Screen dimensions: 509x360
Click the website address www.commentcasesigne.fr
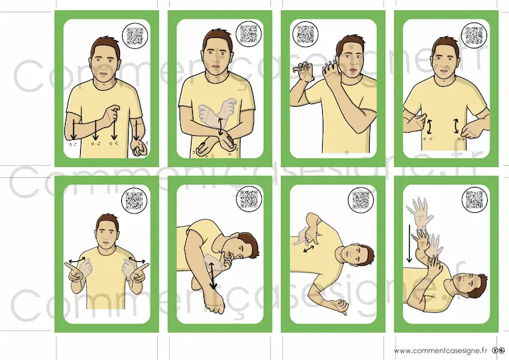(441, 351)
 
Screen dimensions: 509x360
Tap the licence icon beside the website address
(499, 351)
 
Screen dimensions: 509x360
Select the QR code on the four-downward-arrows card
(135, 36)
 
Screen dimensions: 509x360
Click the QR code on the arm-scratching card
(306, 33)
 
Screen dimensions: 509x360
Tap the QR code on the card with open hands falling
(475, 200)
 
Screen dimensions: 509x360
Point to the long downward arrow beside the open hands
(410, 244)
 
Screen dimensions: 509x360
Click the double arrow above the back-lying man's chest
(308, 249)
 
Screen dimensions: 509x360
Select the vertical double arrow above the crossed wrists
(221, 127)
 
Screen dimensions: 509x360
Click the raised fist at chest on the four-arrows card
(111, 117)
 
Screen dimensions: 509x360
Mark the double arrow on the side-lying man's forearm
(212, 276)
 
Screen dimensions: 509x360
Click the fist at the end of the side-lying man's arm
(215, 306)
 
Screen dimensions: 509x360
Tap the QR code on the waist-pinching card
(475, 34)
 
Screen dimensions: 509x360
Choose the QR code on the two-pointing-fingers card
(134, 200)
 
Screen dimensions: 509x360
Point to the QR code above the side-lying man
(249, 199)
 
